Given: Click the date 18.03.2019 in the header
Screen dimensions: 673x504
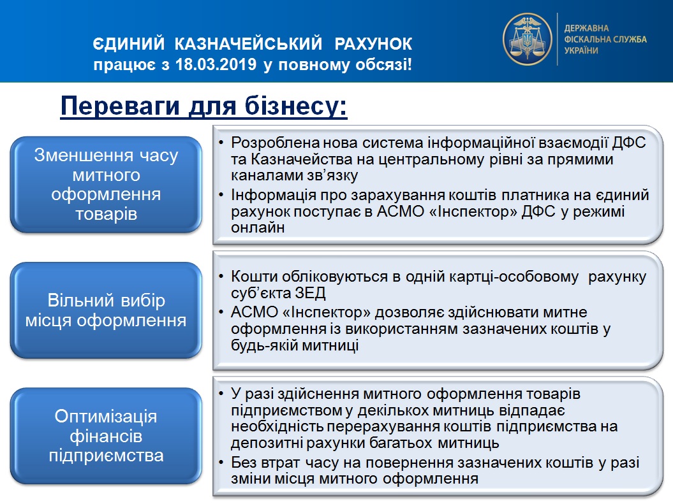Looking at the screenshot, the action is click(216, 65).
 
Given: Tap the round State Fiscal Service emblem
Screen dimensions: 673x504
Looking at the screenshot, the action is click(527, 39).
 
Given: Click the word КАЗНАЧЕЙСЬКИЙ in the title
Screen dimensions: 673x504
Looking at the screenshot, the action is click(249, 44).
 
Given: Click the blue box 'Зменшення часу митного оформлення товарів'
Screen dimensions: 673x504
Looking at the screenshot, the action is click(106, 185).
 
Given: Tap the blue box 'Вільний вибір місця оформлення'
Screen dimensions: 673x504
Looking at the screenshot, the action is click(106, 310).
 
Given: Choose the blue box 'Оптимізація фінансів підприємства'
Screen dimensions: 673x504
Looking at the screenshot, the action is click(106, 436).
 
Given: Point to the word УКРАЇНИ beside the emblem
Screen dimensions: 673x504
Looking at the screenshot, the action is click(581, 50).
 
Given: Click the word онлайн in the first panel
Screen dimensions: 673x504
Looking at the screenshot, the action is click(258, 227).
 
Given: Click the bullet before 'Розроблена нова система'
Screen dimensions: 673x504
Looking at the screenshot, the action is click(221, 142).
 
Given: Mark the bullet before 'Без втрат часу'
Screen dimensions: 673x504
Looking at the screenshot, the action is click(221, 463).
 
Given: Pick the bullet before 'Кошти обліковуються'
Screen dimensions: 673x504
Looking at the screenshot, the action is click(221, 277).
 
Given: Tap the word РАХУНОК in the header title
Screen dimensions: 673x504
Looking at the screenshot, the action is click(373, 44).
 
